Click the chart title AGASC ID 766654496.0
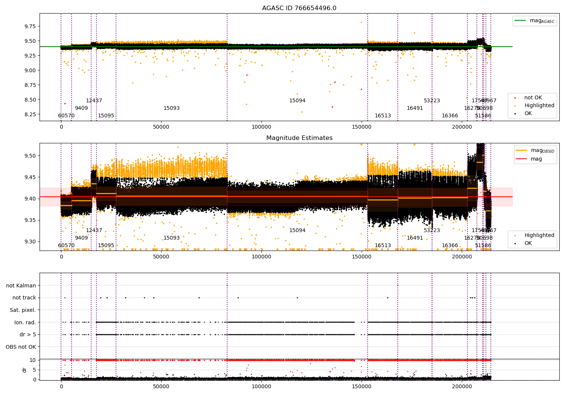[299, 8]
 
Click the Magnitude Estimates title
[299, 138]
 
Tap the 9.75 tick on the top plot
[30, 26]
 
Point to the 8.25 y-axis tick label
[30, 114]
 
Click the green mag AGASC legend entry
[542, 21]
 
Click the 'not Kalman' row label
[21, 286]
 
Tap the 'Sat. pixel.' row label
[23, 310]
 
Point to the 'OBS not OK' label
[21, 347]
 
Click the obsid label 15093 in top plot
[171, 108]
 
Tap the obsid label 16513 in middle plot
[383, 246]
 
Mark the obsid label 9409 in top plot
[81, 108]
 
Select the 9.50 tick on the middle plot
[30, 156]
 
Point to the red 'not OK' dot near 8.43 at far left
[65, 103]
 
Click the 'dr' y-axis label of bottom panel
[24, 370]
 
